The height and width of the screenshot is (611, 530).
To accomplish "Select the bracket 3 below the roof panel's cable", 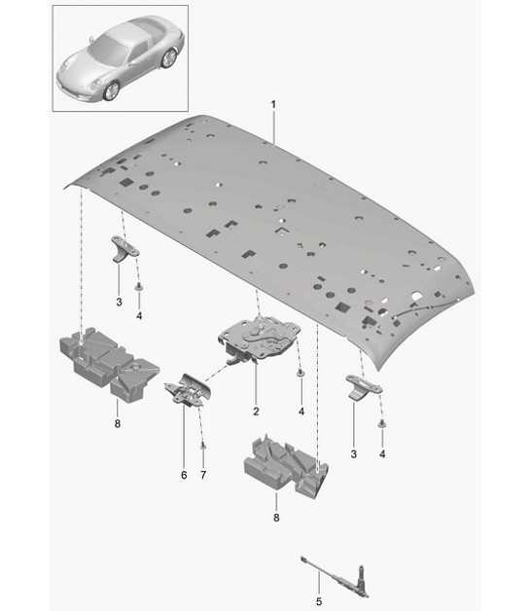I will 361,386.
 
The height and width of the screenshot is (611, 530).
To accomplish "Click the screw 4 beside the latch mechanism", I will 300,374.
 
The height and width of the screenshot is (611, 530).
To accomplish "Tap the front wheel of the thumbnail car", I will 111,90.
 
